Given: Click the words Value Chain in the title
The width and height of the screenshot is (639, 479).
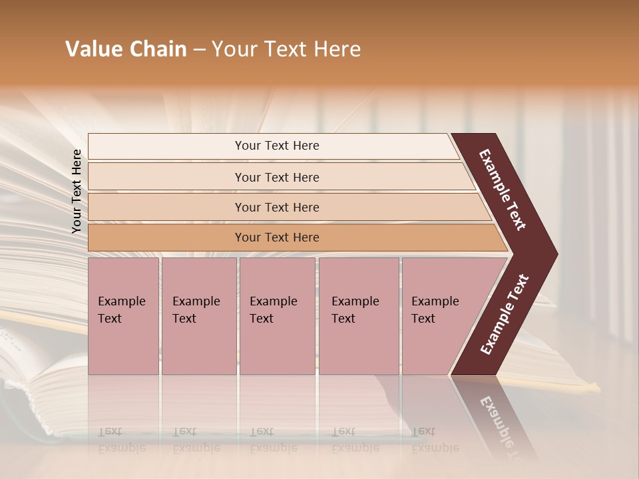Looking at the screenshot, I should click(126, 49).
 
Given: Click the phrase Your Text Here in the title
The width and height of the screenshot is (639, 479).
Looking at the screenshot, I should click(286, 49).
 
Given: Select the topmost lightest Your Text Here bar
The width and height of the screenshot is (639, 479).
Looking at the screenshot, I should click(276, 146).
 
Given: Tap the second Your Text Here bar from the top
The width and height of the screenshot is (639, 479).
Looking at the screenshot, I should click(276, 177).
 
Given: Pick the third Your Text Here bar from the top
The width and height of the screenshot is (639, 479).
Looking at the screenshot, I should click(276, 207).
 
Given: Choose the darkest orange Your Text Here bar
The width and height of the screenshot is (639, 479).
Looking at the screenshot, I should click(276, 238).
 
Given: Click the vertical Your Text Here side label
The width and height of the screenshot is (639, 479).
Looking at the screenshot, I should click(77, 192).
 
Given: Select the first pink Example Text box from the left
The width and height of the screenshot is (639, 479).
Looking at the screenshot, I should click(123, 316).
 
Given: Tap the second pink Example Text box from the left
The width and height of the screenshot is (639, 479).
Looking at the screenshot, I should click(198, 316).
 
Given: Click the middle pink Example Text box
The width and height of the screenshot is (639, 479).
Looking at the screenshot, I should click(276, 316).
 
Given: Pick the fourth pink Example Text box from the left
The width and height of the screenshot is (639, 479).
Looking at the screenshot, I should click(358, 316).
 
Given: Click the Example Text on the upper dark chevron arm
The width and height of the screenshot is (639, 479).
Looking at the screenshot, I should click(503, 190).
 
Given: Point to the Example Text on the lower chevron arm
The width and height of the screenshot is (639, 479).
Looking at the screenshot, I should click(505, 315).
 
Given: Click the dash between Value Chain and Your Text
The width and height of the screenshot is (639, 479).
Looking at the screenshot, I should click(199, 50).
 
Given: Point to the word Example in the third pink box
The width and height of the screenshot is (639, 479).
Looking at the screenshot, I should click(273, 301).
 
